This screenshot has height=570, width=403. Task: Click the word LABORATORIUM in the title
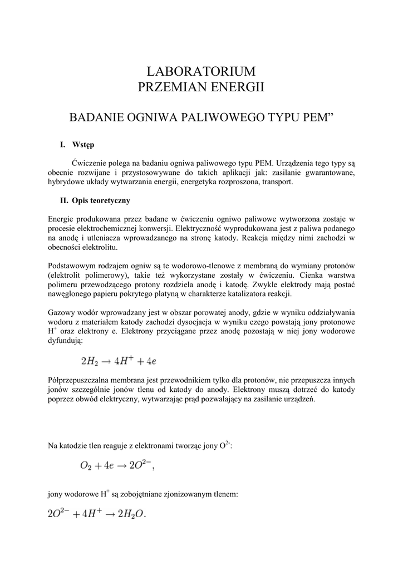tap(201, 71)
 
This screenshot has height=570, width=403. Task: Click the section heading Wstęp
tap(83, 145)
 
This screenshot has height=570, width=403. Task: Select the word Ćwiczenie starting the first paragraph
tap(90, 163)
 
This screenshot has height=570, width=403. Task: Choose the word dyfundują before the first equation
tap(65, 341)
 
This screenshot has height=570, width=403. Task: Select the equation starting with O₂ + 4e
tap(116, 465)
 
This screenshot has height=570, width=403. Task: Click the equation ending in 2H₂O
tap(96, 514)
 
